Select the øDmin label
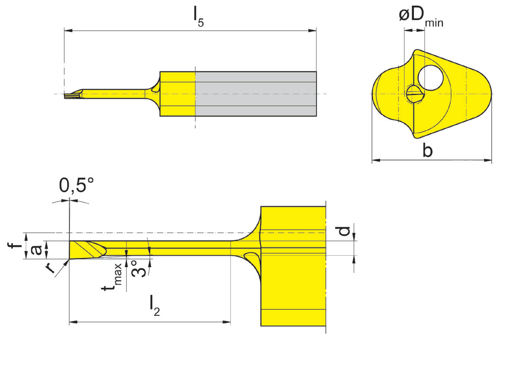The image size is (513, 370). tap(420, 18)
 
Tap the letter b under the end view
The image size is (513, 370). tap(427, 150)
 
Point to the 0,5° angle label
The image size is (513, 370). tap(76, 186)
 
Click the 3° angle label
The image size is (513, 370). tap(135, 268)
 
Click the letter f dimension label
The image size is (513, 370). tap(16, 246)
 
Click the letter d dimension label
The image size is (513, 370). tap(345, 231)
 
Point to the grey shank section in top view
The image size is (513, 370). tap(256, 93)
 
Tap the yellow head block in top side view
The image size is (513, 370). tap(178, 93)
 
